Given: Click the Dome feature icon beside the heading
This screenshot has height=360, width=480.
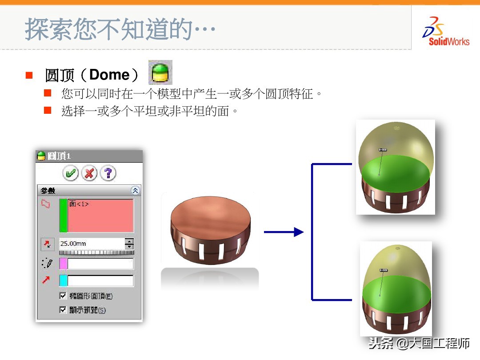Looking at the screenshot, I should click(x=160, y=72).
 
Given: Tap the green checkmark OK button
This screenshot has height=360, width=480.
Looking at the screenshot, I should click(x=70, y=173).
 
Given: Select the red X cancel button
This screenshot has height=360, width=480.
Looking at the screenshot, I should click(x=89, y=173).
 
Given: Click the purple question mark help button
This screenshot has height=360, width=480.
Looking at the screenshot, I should click(x=108, y=173).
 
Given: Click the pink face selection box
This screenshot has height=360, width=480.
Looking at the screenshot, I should click(x=100, y=216).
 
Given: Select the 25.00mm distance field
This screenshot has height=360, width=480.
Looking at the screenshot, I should click(x=92, y=244).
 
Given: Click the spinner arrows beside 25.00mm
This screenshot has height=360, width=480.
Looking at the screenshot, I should click(x=129, y=244).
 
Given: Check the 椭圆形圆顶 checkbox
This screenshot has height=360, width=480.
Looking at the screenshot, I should click(x=63, y=296).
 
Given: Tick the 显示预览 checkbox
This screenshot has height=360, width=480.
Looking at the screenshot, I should click(x=63, y=310).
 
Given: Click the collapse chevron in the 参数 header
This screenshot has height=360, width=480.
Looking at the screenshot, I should click(x=136, y=191).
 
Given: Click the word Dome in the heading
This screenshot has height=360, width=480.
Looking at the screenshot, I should click(x=108, y=75).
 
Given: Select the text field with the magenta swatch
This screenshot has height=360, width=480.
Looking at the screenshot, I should click(x=100, y=264).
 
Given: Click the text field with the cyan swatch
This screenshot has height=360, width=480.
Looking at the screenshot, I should click(x=100, y=280).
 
